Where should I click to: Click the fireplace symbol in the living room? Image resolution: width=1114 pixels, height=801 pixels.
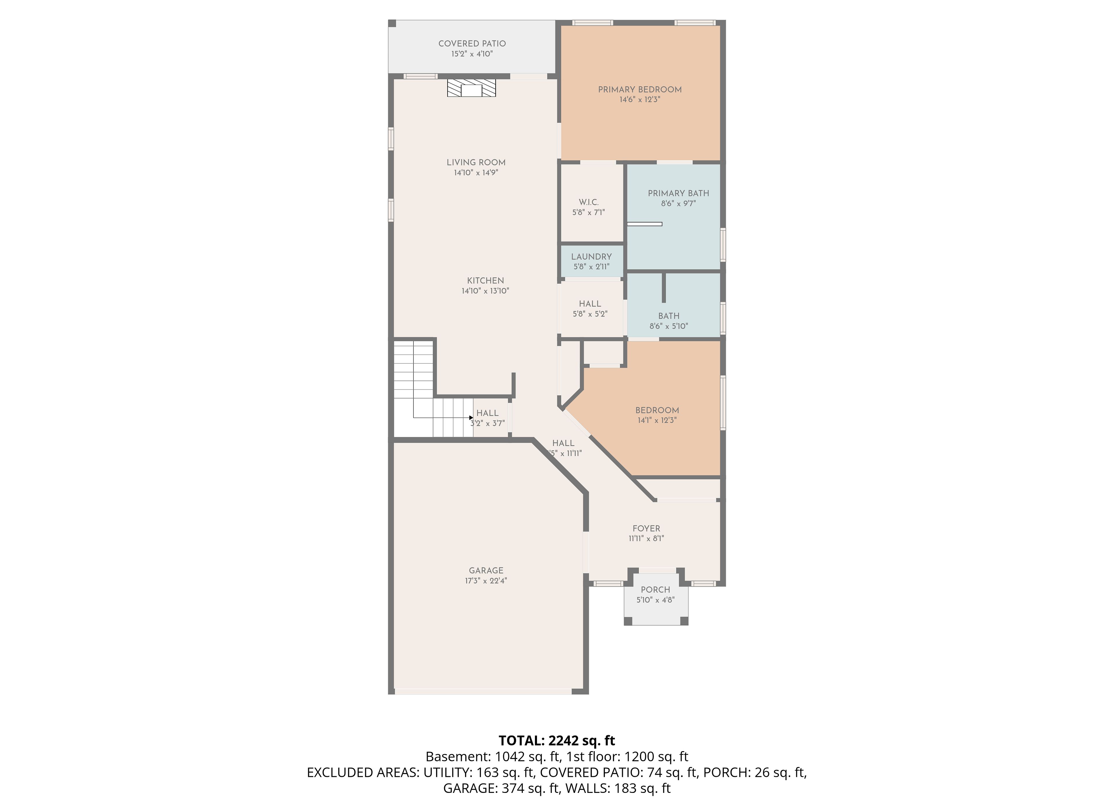pos(471,88)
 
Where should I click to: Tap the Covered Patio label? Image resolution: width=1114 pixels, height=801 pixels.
pos(472,44)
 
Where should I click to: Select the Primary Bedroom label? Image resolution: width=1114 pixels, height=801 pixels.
pos(639,90)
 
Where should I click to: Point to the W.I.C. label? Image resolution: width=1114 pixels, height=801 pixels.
pos(588,202)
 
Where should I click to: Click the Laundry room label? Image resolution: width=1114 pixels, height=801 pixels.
pos(592,257)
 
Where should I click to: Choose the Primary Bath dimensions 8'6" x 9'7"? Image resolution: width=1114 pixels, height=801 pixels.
pos(678,204)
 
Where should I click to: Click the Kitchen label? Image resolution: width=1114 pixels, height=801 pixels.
pos(485,281)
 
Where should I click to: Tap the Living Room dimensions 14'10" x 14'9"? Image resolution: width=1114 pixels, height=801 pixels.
pos(476,173)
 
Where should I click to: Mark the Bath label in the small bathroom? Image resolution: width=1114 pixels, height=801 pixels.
pos(669,316)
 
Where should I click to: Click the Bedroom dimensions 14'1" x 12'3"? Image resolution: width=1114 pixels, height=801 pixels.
pos(657,420)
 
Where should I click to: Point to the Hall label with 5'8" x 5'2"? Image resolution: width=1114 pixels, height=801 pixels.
pos(590,304)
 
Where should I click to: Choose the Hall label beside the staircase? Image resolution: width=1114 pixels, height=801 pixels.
pos(487,413)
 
